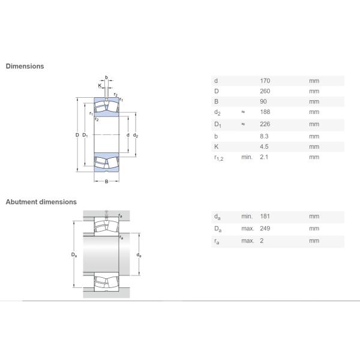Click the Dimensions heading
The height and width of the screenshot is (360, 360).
pos(25,66)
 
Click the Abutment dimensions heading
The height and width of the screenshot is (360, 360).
pos(41,202)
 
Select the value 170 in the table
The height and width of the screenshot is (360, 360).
pos(265,81)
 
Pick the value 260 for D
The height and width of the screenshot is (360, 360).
pos(265,91)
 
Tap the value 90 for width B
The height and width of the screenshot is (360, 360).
pos(263,101)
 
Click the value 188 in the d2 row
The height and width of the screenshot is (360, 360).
pos(265,112)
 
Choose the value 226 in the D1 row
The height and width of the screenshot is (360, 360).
pos(265,124)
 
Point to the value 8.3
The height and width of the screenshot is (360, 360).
pos(264,136)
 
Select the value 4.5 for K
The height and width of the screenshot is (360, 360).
pos(264,146)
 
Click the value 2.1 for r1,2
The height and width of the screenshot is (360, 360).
pos(264,157)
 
